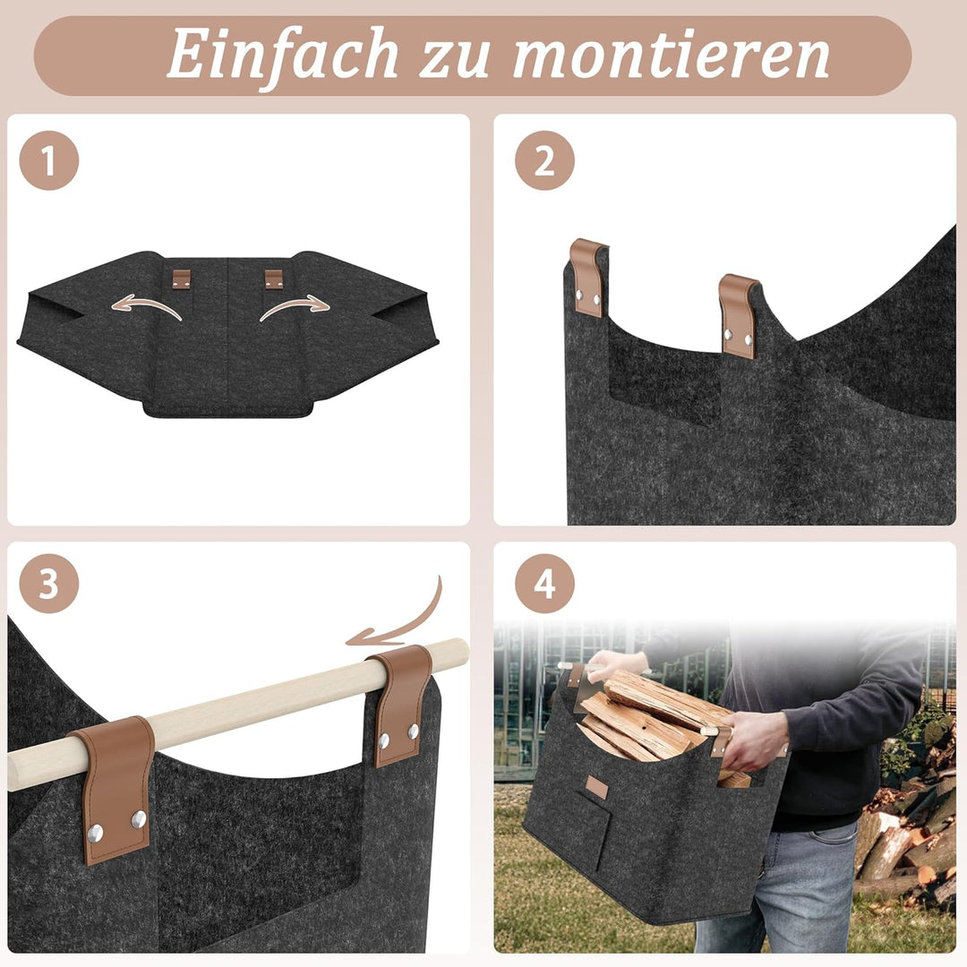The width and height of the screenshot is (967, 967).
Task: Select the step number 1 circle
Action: point(49,160)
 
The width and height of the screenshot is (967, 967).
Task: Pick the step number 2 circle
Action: point(544,160)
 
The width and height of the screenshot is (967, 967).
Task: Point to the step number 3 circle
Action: point(49,584)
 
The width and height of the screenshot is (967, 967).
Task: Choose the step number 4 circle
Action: point(544,584)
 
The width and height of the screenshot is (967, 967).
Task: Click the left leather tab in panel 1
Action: point(181,278)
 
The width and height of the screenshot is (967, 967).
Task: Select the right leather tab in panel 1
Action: point(274,278)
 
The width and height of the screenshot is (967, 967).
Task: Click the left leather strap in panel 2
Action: point(587,277)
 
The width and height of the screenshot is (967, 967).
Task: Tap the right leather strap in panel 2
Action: point(738,315)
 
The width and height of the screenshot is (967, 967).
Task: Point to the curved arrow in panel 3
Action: point(412,624)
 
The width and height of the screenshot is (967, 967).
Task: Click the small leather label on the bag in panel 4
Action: point(597,788)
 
